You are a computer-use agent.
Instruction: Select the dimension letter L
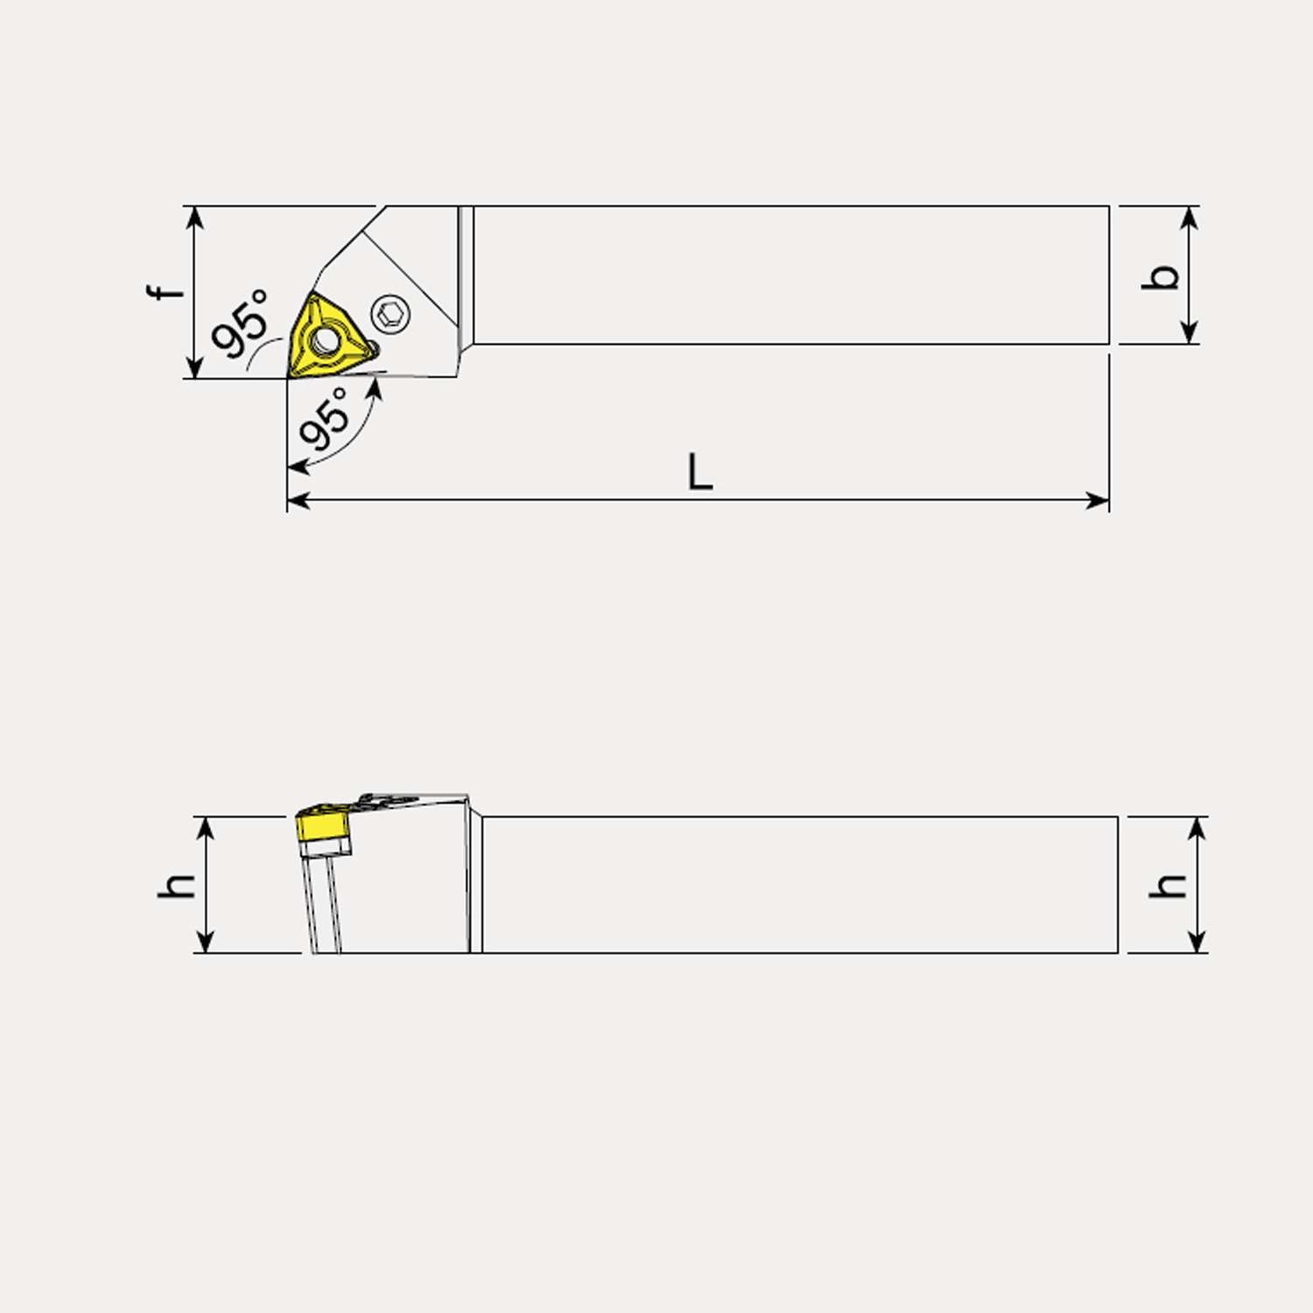coord(699,473)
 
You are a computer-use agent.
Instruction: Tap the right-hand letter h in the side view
coord(1168,886)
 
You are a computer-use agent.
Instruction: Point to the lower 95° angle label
coord(325,418)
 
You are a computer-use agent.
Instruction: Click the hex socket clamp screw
coord(390,313)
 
